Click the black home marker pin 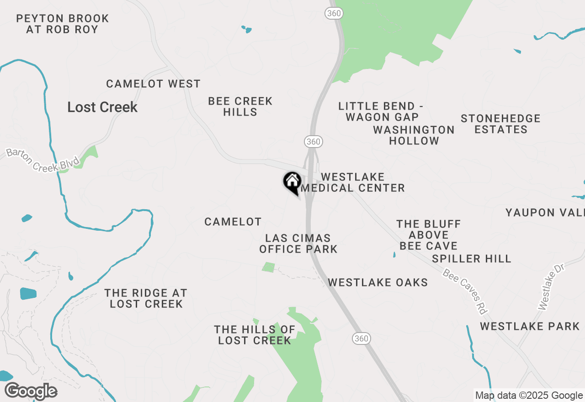click(x=292, y=182)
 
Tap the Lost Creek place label click(x=102, y=107)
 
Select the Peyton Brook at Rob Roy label click(x=62, y=24)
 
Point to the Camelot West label click(x=153, y=84)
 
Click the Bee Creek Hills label click(x=240, y=106)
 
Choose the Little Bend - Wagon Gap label click(x=381, y=112)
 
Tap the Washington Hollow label click(x=414, y=135)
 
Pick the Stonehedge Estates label click(x=500, y=124)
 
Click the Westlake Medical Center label click(x=353, y=182)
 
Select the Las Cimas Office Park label click(x=298, y=243)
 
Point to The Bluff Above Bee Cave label click(x=429, y=235)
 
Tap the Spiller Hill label click(x=472, y=259)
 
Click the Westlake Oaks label click(x=378, y=283)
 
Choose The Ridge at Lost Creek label click(x=146, y=298)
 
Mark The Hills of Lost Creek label click(x=255, y=335)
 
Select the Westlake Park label click(x=530, y=327)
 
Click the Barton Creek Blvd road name click(x=43, y=159)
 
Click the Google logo click(x=31, y=391)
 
